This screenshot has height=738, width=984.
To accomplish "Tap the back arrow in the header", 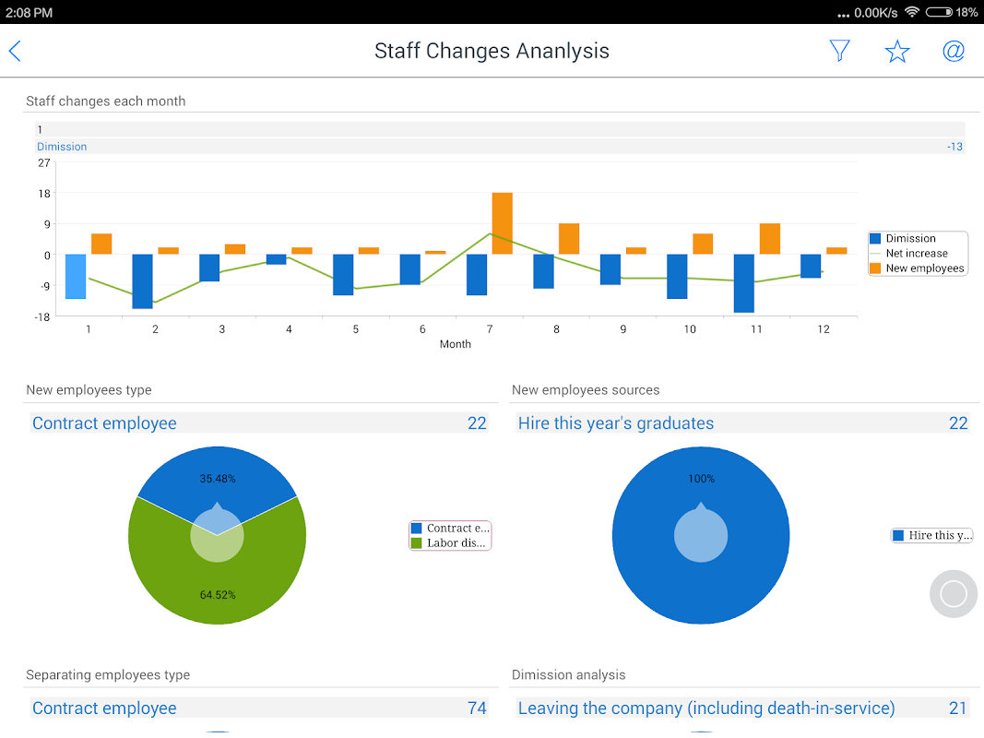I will tap(15, 51).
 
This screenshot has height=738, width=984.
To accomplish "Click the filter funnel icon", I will tap(839, 51).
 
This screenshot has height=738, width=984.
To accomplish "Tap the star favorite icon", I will tap(897, 52).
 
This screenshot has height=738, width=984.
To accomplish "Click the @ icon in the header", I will tap(954, 51).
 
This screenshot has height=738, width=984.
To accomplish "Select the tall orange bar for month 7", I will tap(502, 222).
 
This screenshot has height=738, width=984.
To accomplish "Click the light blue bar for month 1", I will tap(76, 276).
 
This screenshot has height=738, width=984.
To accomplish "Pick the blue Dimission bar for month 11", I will tap(744, 283).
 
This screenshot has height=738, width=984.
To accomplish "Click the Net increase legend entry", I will tap(916, 253).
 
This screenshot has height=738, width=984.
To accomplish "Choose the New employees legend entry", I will tap(924, 268).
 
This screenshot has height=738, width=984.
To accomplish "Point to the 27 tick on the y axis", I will tap(44, 162).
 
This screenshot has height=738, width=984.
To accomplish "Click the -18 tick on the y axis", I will tap(42, 316).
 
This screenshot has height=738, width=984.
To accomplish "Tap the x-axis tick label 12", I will tap(823, 329).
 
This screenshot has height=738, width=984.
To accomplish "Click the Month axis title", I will tap(455, 344).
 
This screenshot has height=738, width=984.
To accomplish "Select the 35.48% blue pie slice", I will tap(217, 470).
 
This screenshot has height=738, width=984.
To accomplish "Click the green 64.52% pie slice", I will tap(218, 590).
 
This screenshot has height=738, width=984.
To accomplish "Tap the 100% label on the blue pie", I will tap(701, 479).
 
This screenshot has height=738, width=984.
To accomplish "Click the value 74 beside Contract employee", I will tap(477, 708).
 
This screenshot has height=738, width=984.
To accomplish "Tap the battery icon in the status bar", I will tap(938, 13).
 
